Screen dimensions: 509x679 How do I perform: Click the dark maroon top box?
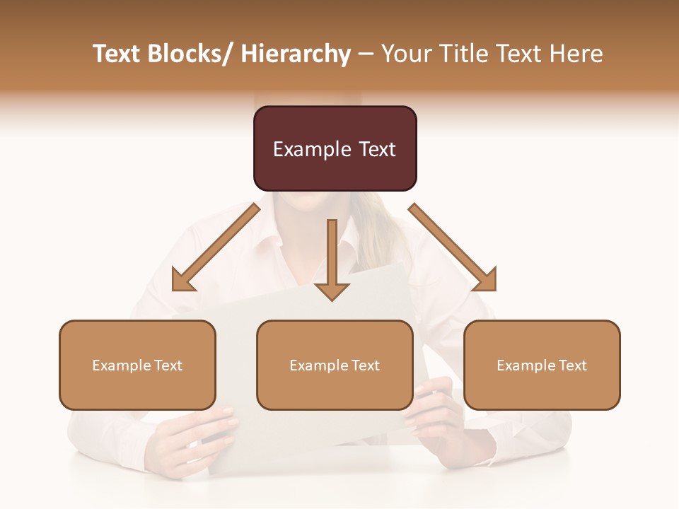click(335, 148)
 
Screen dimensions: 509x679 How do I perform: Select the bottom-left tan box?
click(137, 365)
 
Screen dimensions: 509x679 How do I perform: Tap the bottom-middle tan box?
click(335, 365)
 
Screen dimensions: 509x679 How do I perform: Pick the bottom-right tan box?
click(542, 365)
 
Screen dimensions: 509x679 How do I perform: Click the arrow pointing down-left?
click(216, 247)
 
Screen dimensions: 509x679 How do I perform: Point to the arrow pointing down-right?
click(453, 247)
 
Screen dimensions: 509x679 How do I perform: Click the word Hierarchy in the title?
click(296, 54)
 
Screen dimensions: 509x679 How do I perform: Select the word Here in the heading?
click(575, 54)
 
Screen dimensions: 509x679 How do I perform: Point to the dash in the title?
click(366, 54)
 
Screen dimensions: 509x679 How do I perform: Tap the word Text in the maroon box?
click(376, 149)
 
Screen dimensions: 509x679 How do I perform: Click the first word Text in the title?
click(117, 54)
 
